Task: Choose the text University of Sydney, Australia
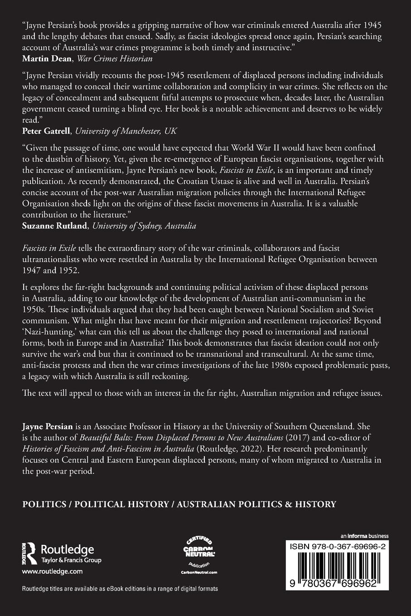pos(144,226)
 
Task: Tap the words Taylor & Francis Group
pos(71,560)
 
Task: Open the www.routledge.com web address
pos(52,572)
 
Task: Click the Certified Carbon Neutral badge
pos(199,554)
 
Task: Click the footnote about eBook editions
pos(120,589)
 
